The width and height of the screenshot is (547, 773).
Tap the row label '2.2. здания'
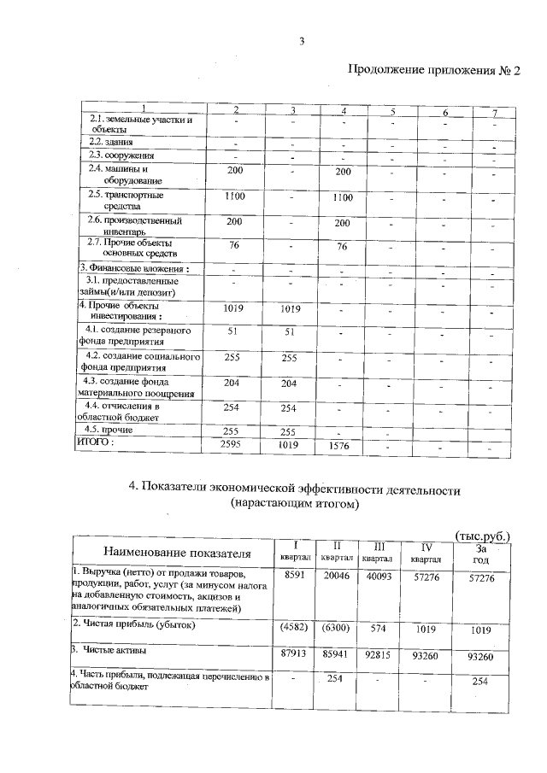(x=112, y=141)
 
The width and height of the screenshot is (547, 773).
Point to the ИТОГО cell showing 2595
(x=232, y=445)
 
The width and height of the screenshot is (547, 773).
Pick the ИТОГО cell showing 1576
(x=341, y=446)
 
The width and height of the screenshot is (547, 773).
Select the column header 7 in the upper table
(x=494, y=113)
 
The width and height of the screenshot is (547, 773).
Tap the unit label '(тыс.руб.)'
(x=484, y=536)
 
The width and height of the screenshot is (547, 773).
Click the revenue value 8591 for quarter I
(x=293, y=578)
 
